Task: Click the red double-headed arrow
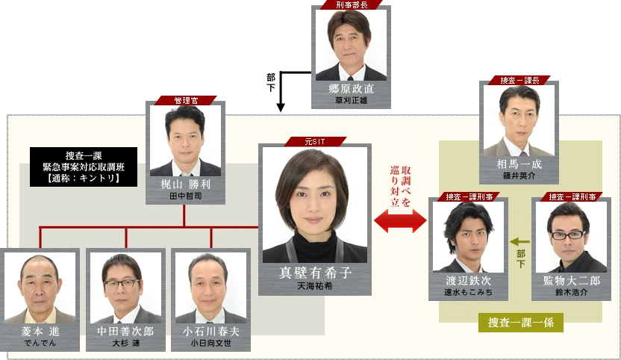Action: point(400,222)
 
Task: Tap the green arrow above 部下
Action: point(520,241)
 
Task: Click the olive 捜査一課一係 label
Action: point(520,323)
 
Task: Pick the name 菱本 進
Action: point(40,331)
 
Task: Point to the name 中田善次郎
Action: point(125,331)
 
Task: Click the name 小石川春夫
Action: point(211,331)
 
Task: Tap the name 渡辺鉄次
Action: point(468,281)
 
